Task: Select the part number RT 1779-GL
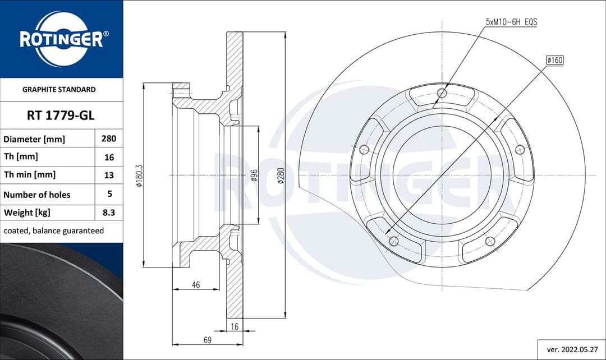coord(61,116)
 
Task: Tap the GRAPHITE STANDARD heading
coord(59,89)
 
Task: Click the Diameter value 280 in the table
coord(109,139)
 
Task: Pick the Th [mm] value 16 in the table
coord(109,158)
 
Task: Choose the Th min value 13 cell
coord(109,175)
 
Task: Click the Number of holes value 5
coord(109,194)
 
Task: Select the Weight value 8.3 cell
coord(109,213)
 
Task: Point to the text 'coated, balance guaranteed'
coord(54,230)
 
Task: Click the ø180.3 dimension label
coord(139,176)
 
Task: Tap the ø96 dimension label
coord(254,176)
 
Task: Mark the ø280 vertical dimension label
coord(281,176)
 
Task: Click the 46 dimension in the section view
coord(195,285)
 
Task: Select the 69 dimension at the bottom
coord(206,339)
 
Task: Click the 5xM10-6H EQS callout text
coord(511,22)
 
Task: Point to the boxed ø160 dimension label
coord(554,60)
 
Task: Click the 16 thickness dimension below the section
coord(235,326)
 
